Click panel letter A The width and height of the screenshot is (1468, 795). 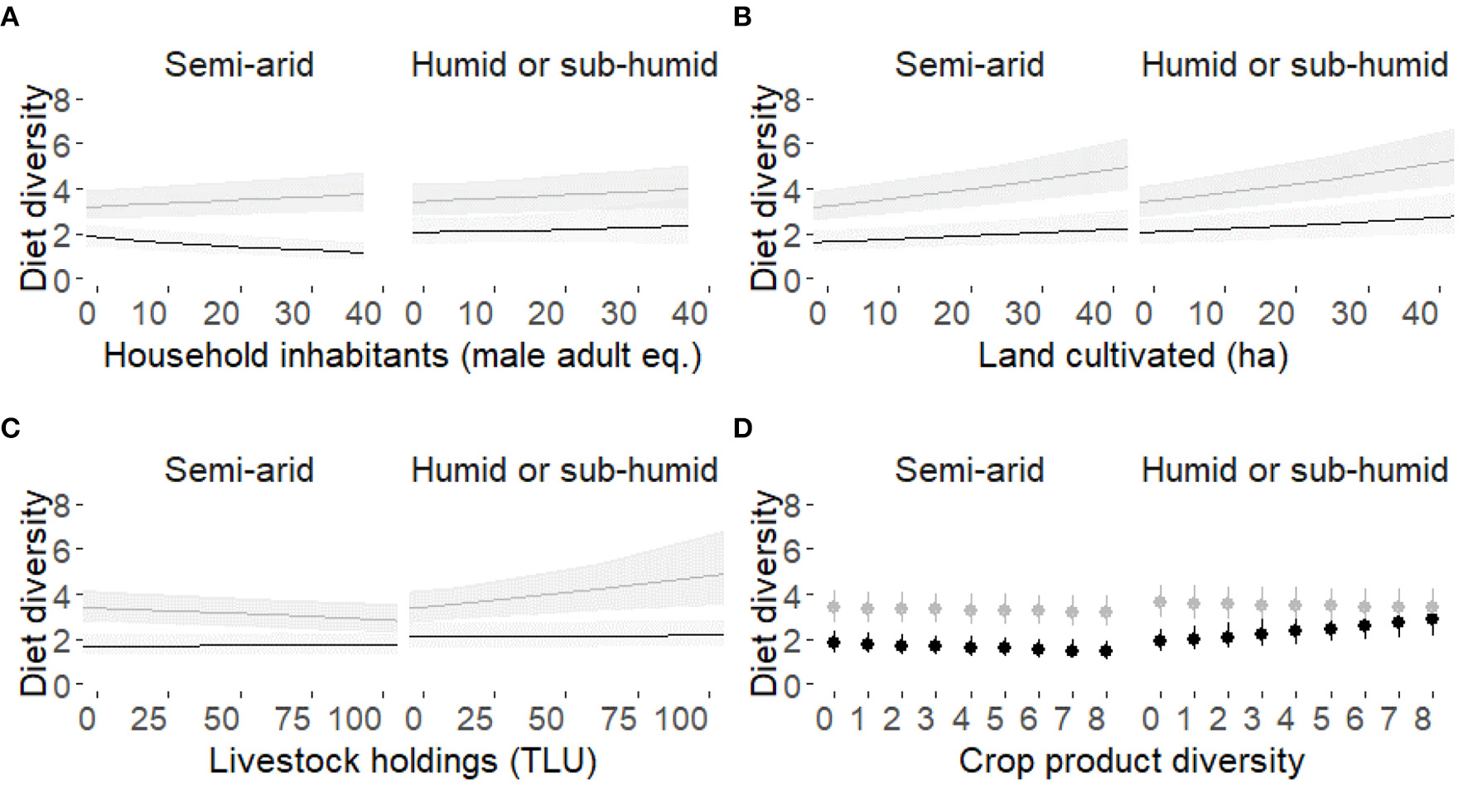[x=10, y=17]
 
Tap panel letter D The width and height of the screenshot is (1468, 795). [x=742, y=428]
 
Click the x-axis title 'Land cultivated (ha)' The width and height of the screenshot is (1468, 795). [x=1132, y=356]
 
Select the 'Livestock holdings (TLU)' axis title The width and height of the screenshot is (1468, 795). [x=403, y=761]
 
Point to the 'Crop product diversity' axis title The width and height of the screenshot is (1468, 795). [x=1131, y=761]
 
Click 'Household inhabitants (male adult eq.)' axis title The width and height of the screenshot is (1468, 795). [x=403, y=356]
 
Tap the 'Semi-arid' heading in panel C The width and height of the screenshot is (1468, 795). [x=239, y=470]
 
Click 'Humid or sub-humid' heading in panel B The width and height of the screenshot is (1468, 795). [x=1294, y=65]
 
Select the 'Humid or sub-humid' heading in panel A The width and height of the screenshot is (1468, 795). [x=564, y=65]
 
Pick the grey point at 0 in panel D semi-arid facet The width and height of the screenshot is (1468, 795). [x=833, y=608]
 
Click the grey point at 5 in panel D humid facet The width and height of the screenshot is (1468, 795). [x=1330, y=605]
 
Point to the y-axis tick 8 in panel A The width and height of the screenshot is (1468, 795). [x=62, y=100]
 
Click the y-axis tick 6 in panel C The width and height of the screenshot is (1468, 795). [x=62, y=550]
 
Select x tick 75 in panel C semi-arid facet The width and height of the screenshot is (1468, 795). [x=292, y=719]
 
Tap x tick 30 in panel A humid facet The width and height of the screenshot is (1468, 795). [x=618, y=314]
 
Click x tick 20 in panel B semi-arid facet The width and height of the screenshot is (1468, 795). [x=951, y=314]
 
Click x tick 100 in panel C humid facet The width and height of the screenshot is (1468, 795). [x=682, y=719]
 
